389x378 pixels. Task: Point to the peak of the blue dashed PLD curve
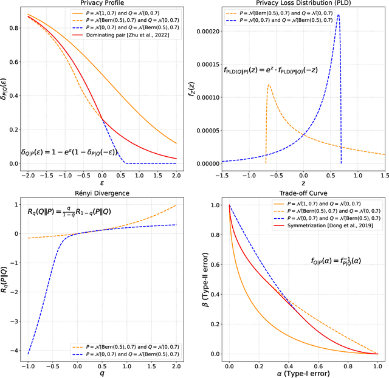[339, 15]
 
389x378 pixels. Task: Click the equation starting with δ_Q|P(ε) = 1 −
[68, 153]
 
